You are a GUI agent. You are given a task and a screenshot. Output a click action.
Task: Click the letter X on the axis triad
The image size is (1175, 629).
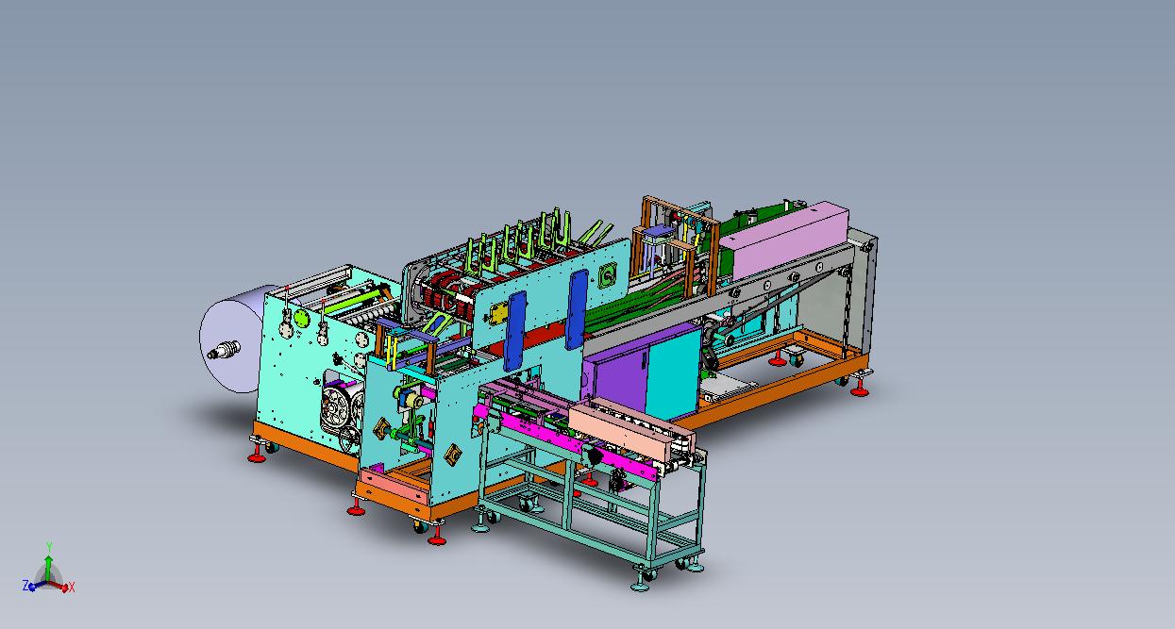tap(72, 588)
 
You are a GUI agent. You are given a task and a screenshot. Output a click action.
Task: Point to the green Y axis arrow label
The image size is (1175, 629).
tap(49, 547)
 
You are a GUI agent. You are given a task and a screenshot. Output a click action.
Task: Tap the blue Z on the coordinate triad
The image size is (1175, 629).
tap(25, 585)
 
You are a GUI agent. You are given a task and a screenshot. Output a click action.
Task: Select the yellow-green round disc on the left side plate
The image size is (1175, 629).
tap(300, 317)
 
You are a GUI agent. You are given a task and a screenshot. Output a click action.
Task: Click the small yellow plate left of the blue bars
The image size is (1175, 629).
tap(498, 314)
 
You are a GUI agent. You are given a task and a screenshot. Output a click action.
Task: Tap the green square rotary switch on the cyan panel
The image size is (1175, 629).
tap(609, 274)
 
